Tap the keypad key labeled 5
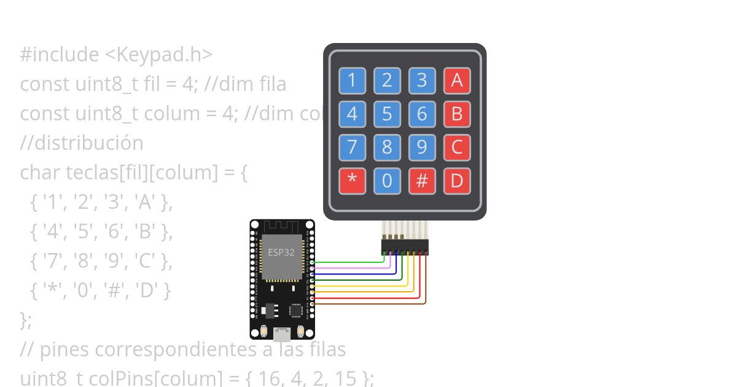pyautogui.click(x=387, y=114)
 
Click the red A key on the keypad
pyautogui.click(x=457, y=80)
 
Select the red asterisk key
pyautogui.click(x=352, y=181)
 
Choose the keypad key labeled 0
pyautogui.click(x=387, y=181)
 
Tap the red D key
pyautogui.click(x=457, y=181)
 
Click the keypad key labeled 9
pyautogui.click(x=422, y=147)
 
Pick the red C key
pyautogui.click(x=457, y=147)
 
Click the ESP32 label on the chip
pyautogui.click(x=281, y=252)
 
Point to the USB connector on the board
pyautogui.click(x=282, y=335)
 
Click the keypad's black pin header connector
pyautogui.click(x=405, y=246)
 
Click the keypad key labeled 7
pyautogui.click(x=352, y=147)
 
